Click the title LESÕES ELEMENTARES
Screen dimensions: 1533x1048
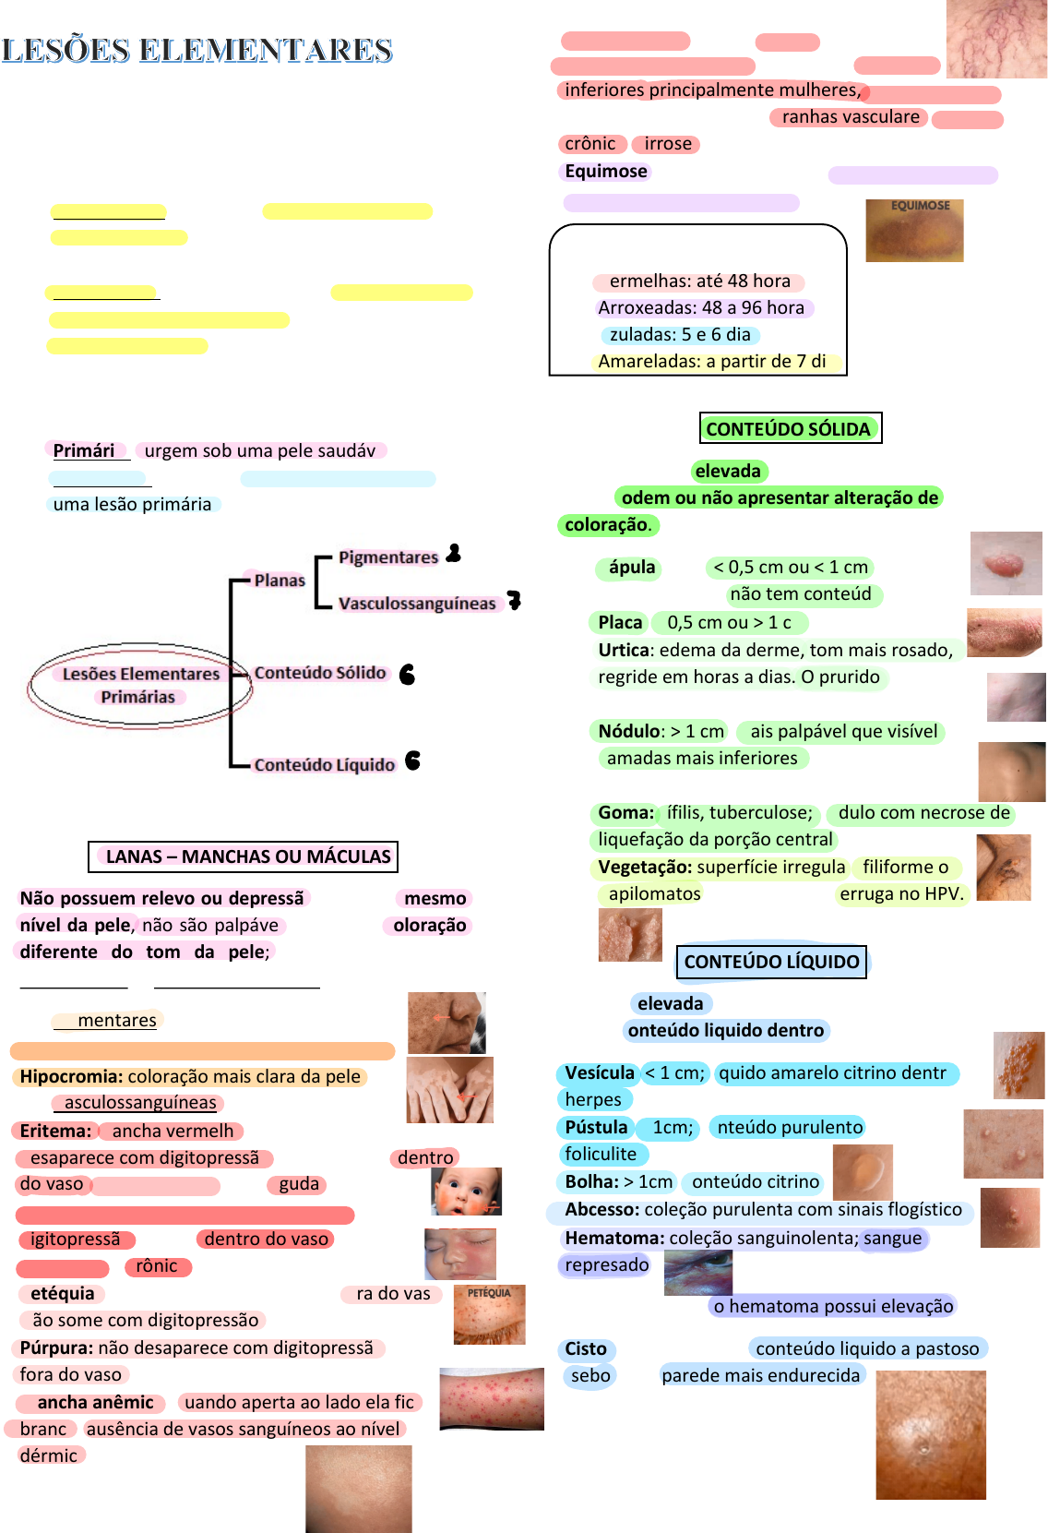click(x=197, y=50)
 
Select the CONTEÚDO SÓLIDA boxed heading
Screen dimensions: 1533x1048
click(x=789, y=428)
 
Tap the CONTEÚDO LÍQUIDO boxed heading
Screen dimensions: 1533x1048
click(x=771, y=962)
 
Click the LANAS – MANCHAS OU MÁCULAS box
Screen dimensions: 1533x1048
click(x=244, y=856)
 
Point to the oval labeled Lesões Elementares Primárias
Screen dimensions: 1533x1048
click(x=140, y=685)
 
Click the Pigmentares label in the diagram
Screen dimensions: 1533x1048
click(x=388, y=557)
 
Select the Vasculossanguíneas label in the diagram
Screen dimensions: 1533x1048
click(x=417, y=604)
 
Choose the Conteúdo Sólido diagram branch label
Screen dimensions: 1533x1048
click(x=320, y=673)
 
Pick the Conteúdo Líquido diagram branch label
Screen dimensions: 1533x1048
click(x=325, y=764)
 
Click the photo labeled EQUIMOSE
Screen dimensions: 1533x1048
click(x=914, y=231)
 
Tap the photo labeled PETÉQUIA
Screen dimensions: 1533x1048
click(x=489, y=1313)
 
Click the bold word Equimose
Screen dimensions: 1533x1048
click(x=606, y=171)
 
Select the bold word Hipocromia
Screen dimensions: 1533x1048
click(x=71, y=1076)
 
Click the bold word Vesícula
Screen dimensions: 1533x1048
click(x=600, y=1072)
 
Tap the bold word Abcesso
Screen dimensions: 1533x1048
click(x=601, y=1209)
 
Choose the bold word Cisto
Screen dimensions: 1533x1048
click(x=586, y=1348)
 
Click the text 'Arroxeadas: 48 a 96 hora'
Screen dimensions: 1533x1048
click(x=701, y=307)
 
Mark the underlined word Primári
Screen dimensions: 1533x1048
click(x=84, y=450)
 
